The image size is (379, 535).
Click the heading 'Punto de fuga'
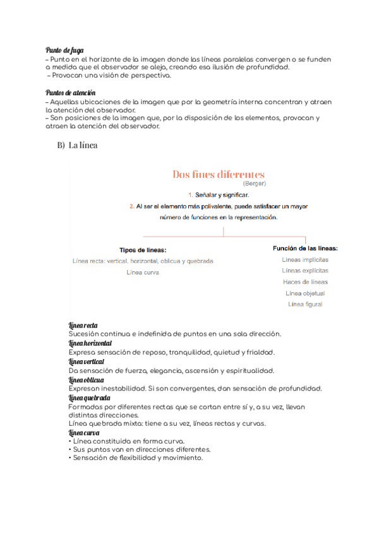pos(64,50)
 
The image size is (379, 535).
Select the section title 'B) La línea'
pos(76,145)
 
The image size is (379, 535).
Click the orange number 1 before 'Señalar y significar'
pos(190,195)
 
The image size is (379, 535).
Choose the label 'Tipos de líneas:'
pos(143,250)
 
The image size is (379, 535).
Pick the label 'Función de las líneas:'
pos(305,248)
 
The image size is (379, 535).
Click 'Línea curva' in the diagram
pos(143,272)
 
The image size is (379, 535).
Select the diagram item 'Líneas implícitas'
pos(305,259)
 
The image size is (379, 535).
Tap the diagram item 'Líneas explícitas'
pos(305,271)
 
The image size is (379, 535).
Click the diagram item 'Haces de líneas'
pos(305,282)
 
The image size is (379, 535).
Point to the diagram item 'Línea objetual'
pos(305,293)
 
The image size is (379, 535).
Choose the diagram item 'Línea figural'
pos(305,305)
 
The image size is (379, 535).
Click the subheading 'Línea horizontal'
pos(90,343)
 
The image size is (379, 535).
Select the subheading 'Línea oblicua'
pos(86,380)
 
